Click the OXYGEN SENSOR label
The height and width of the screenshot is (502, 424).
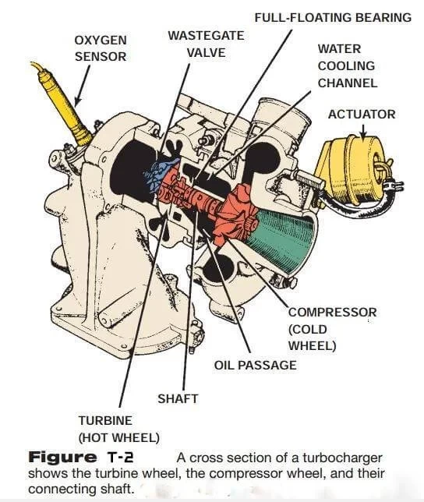tap(100, 48)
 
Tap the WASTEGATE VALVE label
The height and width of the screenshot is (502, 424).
tap(206, 44)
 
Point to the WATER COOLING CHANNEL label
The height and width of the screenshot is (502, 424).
tap(347, 65)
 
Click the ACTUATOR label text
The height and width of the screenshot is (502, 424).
tap(362, 114)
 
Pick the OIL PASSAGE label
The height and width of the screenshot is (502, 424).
tap(256, 364)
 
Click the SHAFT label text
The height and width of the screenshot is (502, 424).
tap(178, 398)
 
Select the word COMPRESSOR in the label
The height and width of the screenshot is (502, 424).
tap(332, 312)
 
